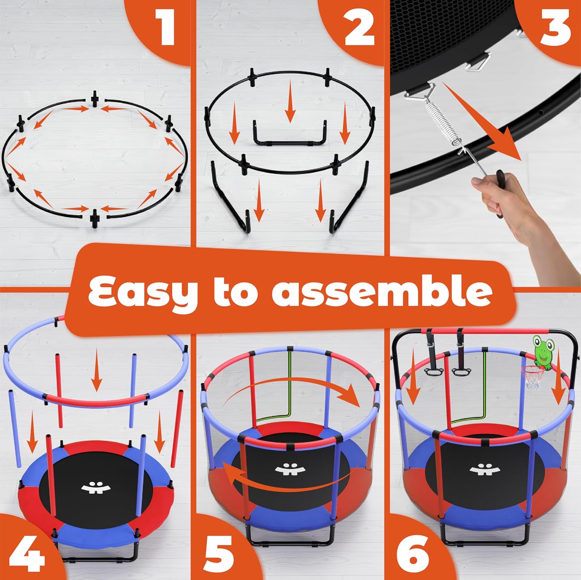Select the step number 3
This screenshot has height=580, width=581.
tap(555, 27)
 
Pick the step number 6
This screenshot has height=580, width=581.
tap(414, 555)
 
